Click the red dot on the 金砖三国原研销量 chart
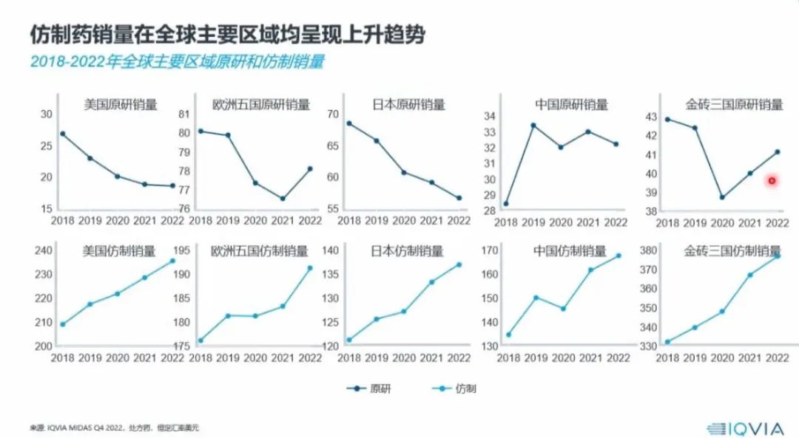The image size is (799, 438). (772, 180)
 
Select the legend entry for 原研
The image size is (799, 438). (370, 388)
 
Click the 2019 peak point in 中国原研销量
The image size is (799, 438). (533, 125)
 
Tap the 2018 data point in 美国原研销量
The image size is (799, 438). (63, 134)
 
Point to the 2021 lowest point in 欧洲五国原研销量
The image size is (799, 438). (283, 199)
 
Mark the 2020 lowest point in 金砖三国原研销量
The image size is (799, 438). (722, 197)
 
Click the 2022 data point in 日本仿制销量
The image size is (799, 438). (459, 264)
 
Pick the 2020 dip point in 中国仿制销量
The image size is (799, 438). (562, 309)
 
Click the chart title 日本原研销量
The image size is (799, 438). (408, 105)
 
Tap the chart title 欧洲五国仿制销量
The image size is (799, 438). (256, 252)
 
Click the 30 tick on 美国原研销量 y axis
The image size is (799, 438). (47, 114)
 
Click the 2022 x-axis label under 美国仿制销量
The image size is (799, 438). (172, 357)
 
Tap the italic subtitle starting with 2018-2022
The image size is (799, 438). (178, 62)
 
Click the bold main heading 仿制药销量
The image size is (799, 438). (227, 34)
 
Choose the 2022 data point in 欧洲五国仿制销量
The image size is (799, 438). (310, 268)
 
